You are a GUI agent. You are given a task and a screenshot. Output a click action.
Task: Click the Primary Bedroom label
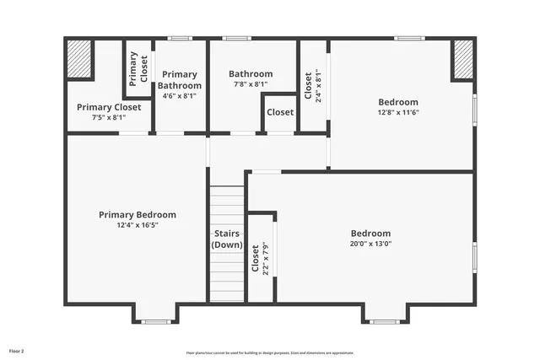(137, 215)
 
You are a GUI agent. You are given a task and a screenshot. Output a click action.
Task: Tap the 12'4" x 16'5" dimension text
(137, 225)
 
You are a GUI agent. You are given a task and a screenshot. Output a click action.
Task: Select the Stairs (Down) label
(227, 239)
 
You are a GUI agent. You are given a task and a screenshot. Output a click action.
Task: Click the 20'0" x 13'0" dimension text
(370, 244)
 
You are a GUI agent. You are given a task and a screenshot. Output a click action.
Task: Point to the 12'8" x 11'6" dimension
(397, 112)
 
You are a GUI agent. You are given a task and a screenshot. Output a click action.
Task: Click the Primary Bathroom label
(180, 80)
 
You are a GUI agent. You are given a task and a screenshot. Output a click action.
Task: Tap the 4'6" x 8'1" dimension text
(180, 95)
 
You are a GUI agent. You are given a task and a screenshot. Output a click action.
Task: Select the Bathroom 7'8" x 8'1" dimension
(251, 84)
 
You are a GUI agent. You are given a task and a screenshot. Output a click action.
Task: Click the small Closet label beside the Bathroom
(280, 112)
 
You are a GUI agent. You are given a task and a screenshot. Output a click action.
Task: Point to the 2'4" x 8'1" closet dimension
(318, 84)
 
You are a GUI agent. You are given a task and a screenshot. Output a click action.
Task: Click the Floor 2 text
(17, 350)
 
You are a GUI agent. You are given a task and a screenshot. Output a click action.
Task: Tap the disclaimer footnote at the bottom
(270, 352)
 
